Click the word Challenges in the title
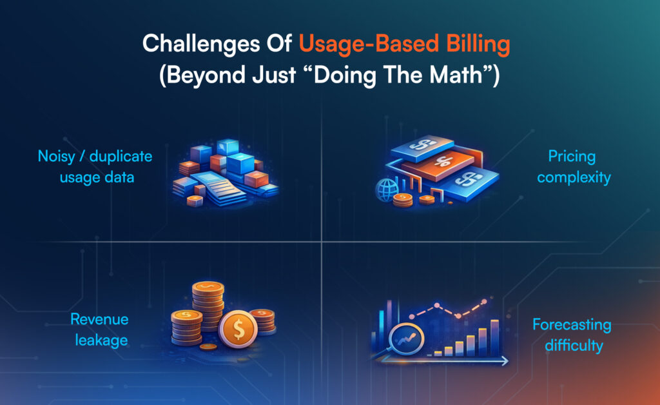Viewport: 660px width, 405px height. (x=201, y=44)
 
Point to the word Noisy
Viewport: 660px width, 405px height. (x=57, y=157)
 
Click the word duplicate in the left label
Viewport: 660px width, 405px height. (x=121, y=157)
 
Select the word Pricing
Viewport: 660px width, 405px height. (x=572, y=157)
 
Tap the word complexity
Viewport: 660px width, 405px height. (x=574, y=177)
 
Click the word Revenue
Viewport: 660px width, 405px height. (x=99, y=319)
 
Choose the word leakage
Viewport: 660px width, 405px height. (x=101, y=340)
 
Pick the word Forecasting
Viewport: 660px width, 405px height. (x=572, y=324)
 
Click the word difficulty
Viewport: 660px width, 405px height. (x=574, y=346)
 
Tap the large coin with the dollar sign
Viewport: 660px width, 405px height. (x=238, y=329)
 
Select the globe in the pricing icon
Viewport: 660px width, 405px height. (x=387, y=189)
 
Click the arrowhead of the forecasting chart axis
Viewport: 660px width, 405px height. (x=505, y=361)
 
